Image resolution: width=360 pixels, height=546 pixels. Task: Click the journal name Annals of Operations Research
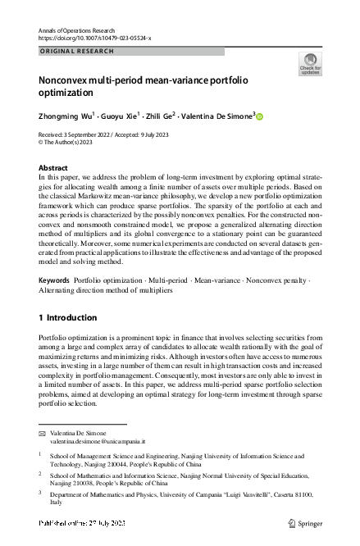point(78,29)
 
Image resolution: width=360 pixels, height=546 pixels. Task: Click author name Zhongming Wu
point(65,116)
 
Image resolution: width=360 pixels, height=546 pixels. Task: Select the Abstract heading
point(53,167)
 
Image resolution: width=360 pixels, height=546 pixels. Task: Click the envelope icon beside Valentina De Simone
point(43,432)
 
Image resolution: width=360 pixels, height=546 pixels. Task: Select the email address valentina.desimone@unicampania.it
point(91,441)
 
